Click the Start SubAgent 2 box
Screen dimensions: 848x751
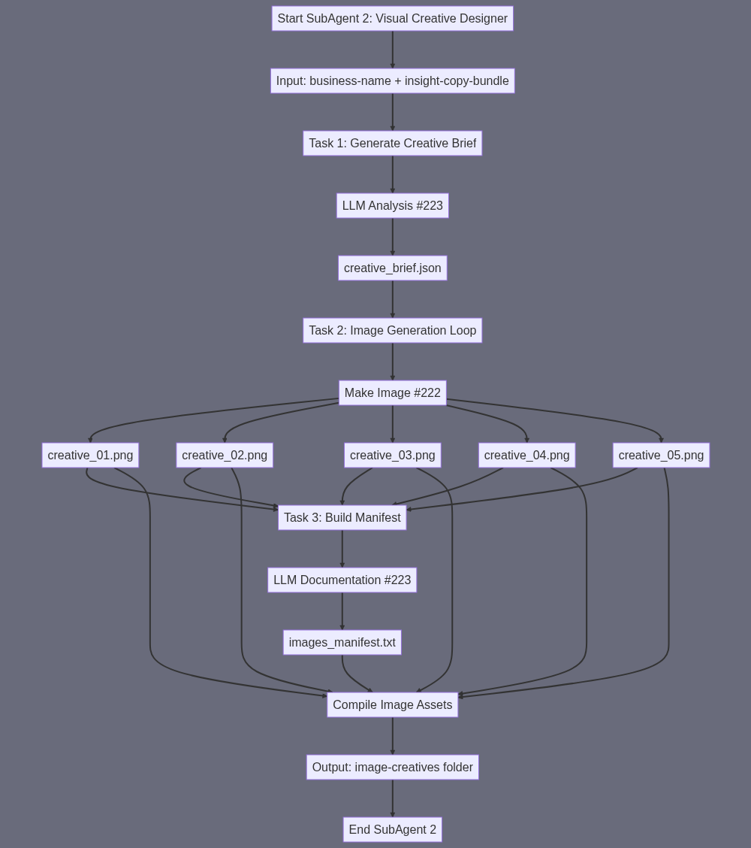click(x=392, y=19)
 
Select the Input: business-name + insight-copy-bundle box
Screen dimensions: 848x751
click(x=392, y=81)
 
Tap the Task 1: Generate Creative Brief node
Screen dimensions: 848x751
click(x=392, y=144)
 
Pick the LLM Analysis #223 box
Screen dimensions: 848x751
click(x=392, y=206)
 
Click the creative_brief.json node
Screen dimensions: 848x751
click(x=392, y=268)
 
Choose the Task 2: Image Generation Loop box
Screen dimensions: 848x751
click(x=392, y=331)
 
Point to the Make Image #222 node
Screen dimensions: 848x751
click(x=392, y=393)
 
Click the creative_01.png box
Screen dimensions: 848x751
click(x=90, y=456)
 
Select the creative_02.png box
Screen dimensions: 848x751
click(x=225, y=456)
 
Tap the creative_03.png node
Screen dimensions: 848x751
click(x=392, y=456)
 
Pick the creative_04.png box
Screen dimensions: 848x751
click(x=526, y=456)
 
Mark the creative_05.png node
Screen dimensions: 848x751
click(x=661, y=456)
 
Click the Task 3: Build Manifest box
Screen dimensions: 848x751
click(x=342, y=518)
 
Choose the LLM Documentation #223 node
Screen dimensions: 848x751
click(x=342, y=580)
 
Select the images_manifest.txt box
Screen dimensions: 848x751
click(x=342, y=643)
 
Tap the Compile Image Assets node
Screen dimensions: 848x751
click(x=392, y=705)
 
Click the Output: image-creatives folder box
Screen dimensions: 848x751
click(x=392, y=768)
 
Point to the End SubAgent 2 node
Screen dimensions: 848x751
click(x=392, y=830)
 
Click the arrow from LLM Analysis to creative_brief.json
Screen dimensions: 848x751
click(x=392, y=237)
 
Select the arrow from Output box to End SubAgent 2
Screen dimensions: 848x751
click(x=392, y=798)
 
